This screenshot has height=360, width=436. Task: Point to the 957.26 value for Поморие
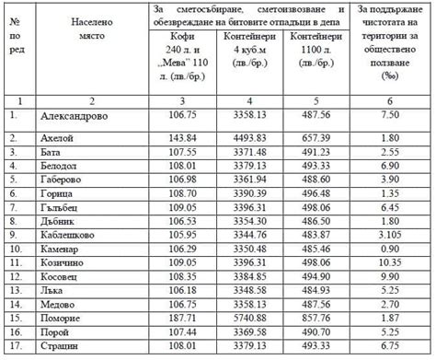point(315,318)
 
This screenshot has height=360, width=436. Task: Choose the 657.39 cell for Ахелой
point(315,137)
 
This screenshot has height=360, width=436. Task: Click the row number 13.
point(17,290)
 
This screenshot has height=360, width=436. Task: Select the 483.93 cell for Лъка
point(315,290)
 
